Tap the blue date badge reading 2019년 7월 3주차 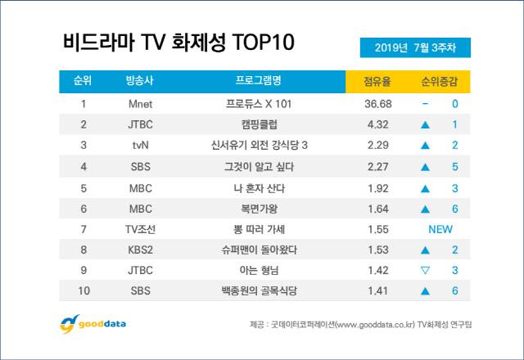(x=415, y=47)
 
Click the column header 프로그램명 (x=258, y=82)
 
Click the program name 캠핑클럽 (x=258, y=125)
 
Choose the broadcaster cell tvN (x=141, y=146)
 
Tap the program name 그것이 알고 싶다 (x=258, y=167)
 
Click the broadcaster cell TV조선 (x=141, y=229)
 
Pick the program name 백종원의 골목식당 (x=258, y=290)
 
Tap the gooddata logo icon (x=69, y=324)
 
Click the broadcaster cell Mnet (x=141, y=105)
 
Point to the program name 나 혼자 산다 (x=258, y=187)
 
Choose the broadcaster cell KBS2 (x=141, y=250)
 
